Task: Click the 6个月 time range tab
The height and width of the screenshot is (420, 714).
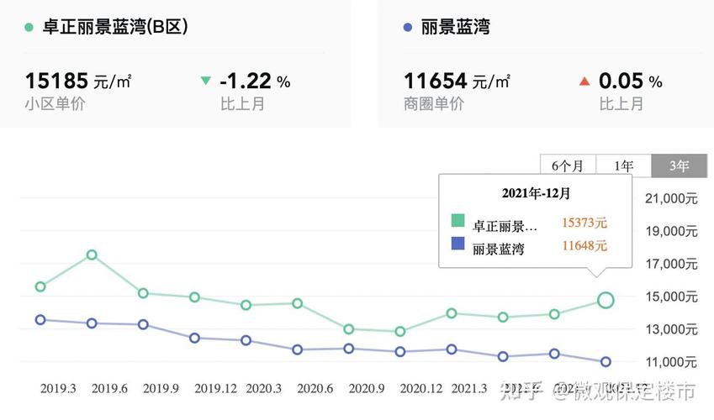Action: coord(568,165)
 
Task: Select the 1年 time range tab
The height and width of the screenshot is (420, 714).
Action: coord(623,165)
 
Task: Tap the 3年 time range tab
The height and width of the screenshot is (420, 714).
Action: coord(678,165)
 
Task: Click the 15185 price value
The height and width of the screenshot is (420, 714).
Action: coord(57,81)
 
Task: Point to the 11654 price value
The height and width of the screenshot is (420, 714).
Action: coord(436,81)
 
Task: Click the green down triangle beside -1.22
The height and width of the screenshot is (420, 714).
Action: coord(205,81)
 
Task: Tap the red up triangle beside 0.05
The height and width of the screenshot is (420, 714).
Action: coord(584,81)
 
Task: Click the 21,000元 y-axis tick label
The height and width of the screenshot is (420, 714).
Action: coord(671,198)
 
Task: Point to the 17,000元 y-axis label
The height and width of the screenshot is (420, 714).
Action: coord(671,264)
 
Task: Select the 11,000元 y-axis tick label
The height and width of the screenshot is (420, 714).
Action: coord(671,362)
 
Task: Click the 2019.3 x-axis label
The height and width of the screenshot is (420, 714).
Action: coord(58,389)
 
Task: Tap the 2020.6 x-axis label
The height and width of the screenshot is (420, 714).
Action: coord(315,389)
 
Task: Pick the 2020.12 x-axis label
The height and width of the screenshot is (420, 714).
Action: coord(420,389)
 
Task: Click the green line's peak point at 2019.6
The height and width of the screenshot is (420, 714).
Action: coord(92,255)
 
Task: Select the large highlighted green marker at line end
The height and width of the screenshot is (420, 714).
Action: coord(605,300)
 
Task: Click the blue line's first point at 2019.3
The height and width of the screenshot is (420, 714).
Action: coord(40,319)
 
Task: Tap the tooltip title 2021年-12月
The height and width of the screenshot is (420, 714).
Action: coord(536,193)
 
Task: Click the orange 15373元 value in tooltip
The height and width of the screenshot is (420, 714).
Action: coord(584,223)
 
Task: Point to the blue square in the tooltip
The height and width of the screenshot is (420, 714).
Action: coord(457,244)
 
